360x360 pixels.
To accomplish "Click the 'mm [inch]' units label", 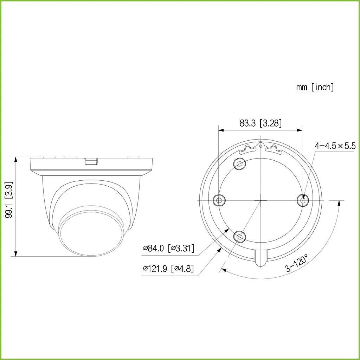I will tap(315, 87).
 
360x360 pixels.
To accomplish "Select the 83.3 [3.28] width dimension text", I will tap(261, 123).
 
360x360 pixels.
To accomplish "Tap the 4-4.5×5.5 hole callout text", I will tap(335, 146).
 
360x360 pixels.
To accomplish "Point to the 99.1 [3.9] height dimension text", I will tap(9, 205).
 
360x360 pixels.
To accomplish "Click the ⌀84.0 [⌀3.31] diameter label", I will tap(168, 248).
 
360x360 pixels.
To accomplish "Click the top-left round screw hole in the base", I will tap(240, 164).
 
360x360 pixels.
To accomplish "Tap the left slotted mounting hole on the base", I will tap(220, 200).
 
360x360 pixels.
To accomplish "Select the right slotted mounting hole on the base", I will tap(302, 200).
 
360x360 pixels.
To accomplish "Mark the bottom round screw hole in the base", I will tap(240, 237).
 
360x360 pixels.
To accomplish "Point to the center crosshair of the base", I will tap(261, 200).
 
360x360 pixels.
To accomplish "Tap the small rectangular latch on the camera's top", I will tap(91, 161).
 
